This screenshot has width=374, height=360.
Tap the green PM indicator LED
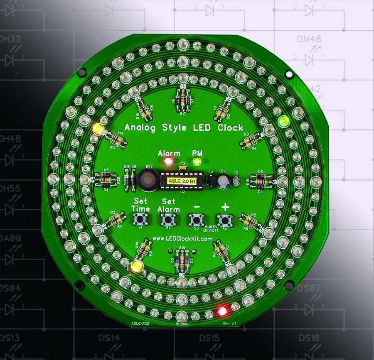[x=197, y=161]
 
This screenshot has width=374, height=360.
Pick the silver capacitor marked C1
[x=225, y=180]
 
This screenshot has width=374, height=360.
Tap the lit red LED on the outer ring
[x=223, y=310]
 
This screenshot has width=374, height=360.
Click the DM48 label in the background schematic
[x=308, y=39]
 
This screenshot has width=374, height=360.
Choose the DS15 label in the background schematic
[x=212, y=338]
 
